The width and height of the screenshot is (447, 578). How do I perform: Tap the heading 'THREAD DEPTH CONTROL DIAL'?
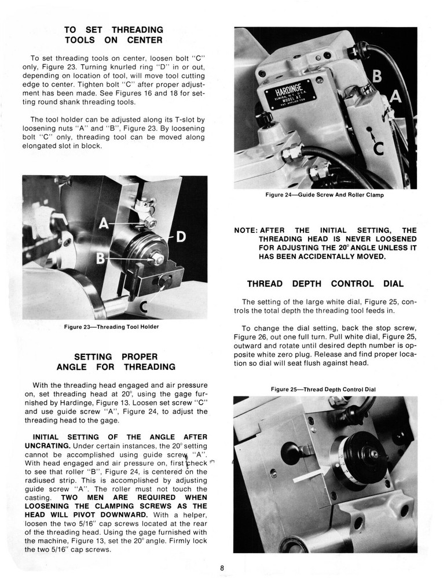click(325, 284)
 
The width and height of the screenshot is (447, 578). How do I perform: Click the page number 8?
click(222, 567)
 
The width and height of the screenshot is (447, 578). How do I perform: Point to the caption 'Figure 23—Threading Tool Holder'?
click(111, 327)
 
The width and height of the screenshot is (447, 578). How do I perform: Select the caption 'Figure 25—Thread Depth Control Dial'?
click(323, 389)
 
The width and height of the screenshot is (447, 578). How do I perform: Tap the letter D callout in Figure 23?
click(179, 236)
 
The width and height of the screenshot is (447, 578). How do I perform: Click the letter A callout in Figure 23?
click(104, 222)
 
